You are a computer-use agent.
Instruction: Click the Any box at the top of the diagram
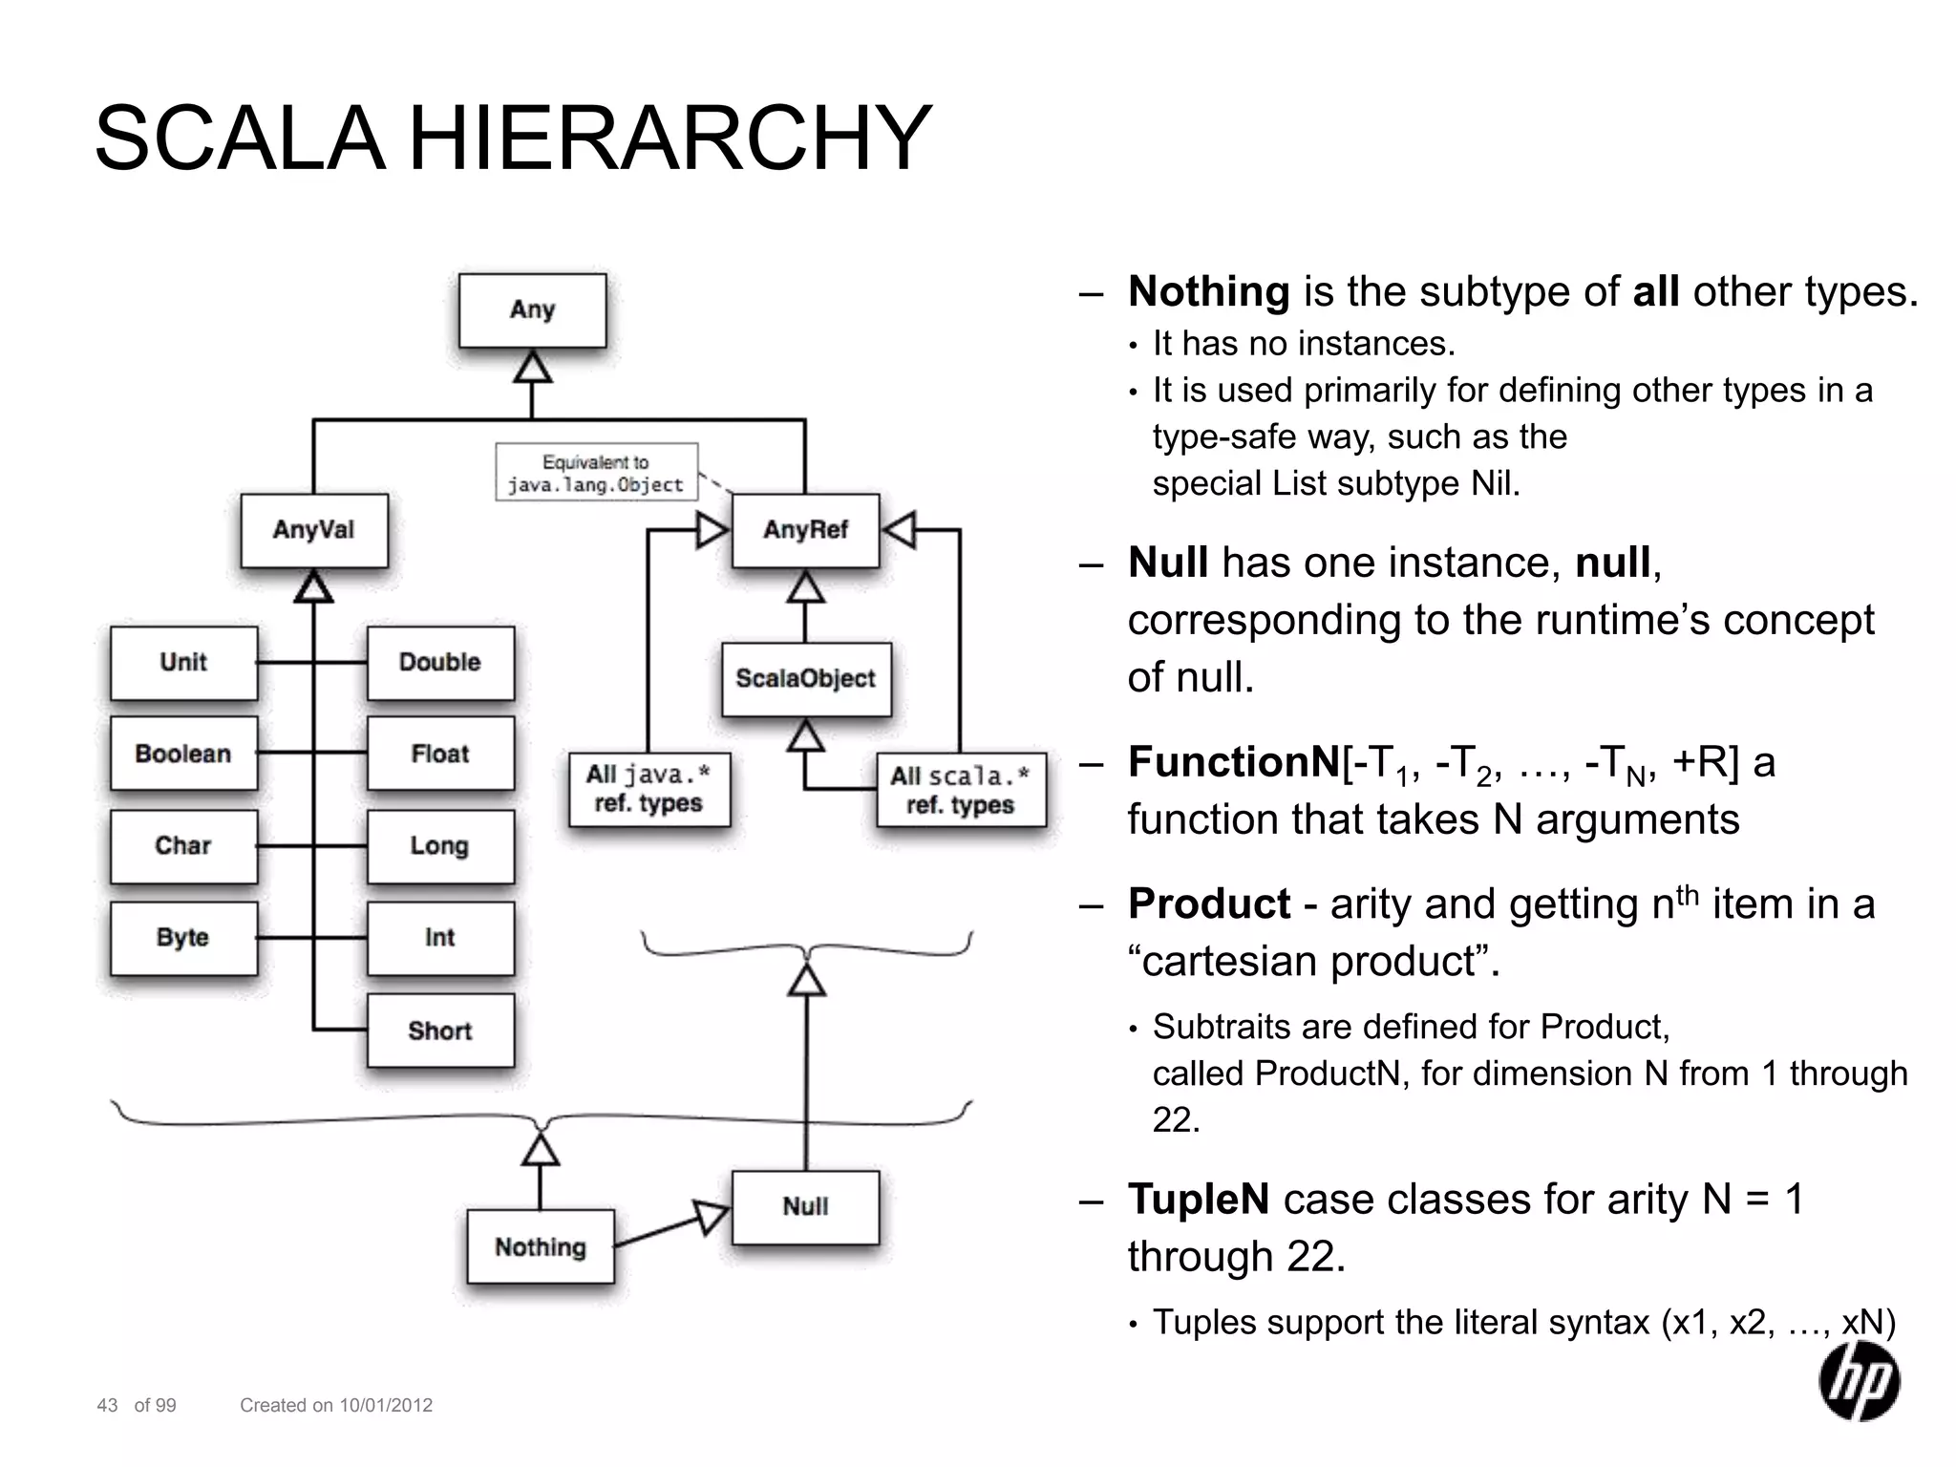(532, 310)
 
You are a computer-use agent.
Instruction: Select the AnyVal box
(314, 530)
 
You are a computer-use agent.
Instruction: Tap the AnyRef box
(805, 530)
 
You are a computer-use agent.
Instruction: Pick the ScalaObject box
(805, 679)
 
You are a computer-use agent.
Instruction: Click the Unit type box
(183, 663)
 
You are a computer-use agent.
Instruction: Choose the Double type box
(440, 663)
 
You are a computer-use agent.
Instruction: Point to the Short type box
(440, 1031)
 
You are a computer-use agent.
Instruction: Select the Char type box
(183, 846)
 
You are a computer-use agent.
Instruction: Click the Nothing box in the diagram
(540, 1247)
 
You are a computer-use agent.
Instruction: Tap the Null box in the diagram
(805, 1207)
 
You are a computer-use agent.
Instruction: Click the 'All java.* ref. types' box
(648, 789)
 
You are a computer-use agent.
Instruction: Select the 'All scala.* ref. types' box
(960, 790)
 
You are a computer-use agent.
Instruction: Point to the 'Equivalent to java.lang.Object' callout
(596, 472)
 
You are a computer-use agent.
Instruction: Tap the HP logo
(1859, 1381)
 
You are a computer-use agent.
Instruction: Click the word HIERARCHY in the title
(669, 139)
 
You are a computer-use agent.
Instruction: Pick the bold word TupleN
(1199, 1199)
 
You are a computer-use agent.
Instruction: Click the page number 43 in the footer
(107, 1405)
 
